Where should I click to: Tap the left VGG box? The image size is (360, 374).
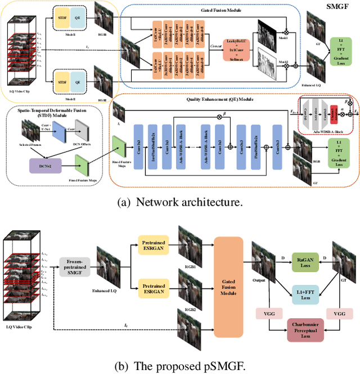coord(265,314)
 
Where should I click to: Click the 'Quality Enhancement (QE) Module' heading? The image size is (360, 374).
coord(219,97)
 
